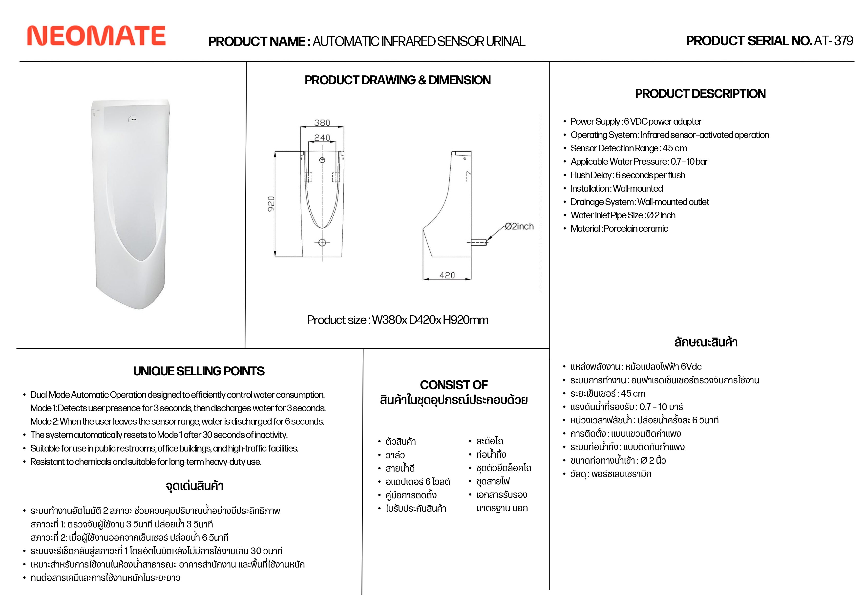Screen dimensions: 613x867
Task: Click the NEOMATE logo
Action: click(96, 36)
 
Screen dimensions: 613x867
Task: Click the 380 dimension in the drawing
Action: click(322, 123)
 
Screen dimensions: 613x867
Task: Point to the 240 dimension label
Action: click(322, 138)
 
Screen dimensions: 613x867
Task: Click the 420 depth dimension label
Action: click(447, 275)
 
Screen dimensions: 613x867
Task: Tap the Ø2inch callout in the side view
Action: click(520, 226)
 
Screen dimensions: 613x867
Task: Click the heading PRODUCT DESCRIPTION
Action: click(700, 94)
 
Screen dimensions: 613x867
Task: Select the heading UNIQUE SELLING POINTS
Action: click(199, 371)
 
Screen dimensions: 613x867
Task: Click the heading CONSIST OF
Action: click(454, 385)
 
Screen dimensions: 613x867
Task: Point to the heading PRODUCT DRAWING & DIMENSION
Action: click(398, 80)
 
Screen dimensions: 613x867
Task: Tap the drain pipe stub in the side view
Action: click(479, 242)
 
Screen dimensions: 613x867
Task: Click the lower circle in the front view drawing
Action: click(322, 243)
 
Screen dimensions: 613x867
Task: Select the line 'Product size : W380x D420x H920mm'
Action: click(398, 320)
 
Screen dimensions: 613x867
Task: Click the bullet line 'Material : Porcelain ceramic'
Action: click(619, 229)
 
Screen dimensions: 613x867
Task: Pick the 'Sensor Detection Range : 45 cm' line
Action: click(629, 148)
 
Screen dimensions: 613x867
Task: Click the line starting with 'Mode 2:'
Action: click(177, 421)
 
